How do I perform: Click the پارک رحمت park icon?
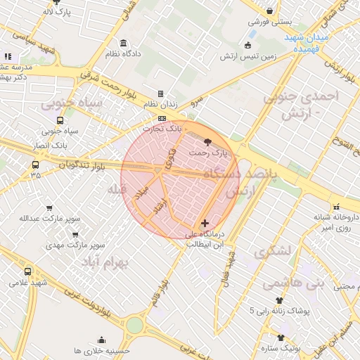tap(206, 141)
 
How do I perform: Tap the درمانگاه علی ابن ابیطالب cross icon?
tap(205, 223)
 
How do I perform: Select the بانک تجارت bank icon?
tap(162, 119)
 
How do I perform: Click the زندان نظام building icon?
tap(160, 94)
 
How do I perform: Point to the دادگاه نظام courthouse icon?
tap(124, 43)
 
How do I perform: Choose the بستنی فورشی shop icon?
tap(270, 11)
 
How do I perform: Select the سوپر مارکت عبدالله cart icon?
tap(49, 208)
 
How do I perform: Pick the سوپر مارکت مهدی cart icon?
tap(75, 236)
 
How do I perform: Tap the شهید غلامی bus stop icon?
tap(27, 271)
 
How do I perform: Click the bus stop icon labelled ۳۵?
tap(35, 165)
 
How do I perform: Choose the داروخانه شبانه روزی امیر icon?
tap(336, 207)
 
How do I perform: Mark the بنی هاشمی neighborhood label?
tap(285, 283)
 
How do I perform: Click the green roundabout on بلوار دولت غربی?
tap(134, 325)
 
